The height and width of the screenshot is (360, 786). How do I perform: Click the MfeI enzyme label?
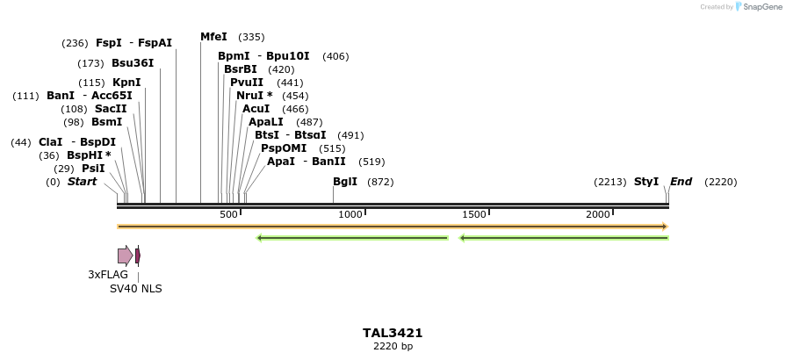coord(213,37)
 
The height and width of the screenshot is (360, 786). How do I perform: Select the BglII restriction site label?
coord(345,183)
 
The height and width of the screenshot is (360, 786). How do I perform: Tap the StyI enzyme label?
coord(646,183)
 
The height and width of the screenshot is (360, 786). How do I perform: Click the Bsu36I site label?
coord(133,63)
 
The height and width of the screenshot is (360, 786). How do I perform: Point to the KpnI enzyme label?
coord(126,83)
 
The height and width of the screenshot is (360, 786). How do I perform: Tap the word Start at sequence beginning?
coord(82,183)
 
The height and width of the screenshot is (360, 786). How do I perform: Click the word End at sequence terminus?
coord(681,183)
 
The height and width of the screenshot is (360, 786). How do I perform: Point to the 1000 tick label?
coord(350,215)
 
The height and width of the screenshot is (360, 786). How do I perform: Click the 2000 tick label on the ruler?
coord(598,215)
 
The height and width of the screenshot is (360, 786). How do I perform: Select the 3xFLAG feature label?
coord(108,275)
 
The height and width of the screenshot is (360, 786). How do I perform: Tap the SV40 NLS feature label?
coord(135,289)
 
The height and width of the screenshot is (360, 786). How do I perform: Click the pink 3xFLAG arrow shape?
coord(125,256)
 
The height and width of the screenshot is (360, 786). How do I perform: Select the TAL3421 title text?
coord(393,334)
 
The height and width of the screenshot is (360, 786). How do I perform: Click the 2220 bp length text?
coord(393,347)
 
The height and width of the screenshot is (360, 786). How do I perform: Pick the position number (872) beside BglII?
coord(380,183)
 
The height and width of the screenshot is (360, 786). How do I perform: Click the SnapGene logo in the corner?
coord(761,7)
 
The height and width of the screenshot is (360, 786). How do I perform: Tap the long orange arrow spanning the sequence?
coord(392,227)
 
